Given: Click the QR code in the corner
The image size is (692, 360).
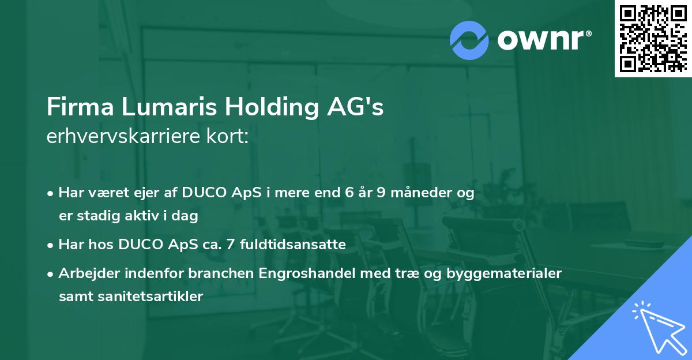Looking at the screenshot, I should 653,38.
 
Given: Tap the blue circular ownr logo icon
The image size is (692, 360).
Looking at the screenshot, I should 469,40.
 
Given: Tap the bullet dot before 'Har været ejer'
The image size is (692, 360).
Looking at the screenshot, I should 51,194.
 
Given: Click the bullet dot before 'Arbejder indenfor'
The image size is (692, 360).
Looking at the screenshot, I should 51,274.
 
